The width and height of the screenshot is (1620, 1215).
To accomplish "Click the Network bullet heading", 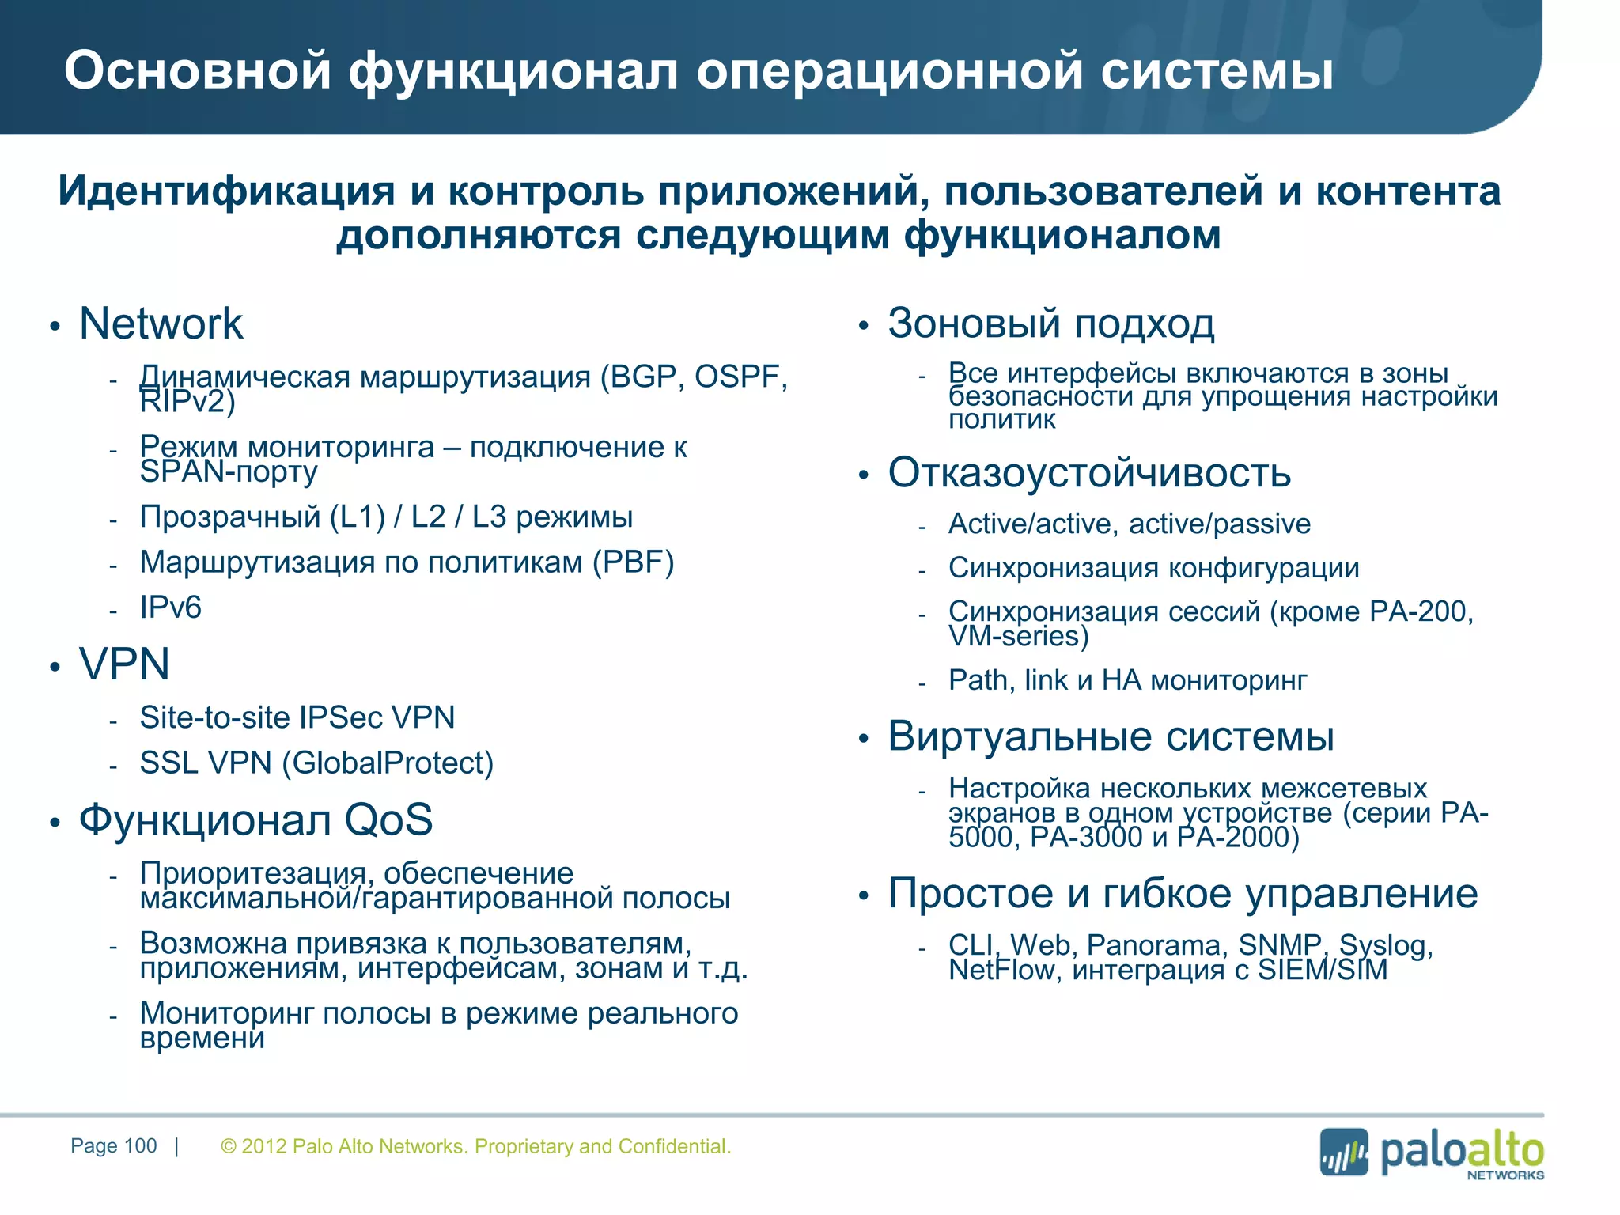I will [x=161, y=324].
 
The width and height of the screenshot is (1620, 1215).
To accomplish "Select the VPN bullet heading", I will [x=124, y=664].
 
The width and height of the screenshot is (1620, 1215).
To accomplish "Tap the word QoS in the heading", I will [x=388, y=819].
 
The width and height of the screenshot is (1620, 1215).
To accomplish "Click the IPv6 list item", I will [x=170, y=607].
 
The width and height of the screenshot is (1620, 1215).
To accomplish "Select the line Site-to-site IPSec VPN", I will [x=297, y=717].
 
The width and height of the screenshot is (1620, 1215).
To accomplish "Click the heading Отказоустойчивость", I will [x=1088, y=473].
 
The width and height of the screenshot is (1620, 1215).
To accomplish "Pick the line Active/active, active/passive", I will [x=1129, y=524].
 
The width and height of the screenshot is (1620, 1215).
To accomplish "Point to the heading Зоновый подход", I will [x=1050, y=324].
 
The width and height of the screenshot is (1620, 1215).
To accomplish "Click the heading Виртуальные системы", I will [x=1111, y=736].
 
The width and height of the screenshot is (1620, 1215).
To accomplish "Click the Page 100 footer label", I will [x=113, y=1146].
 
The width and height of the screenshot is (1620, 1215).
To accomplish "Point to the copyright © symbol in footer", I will [x=229, y=1147].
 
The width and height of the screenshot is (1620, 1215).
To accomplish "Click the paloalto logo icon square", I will [x=1343, y=1153].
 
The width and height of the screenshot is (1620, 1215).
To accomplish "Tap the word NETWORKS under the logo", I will [x=1505, y=1175].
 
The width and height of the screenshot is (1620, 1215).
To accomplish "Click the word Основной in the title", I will [x=197, y=71].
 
